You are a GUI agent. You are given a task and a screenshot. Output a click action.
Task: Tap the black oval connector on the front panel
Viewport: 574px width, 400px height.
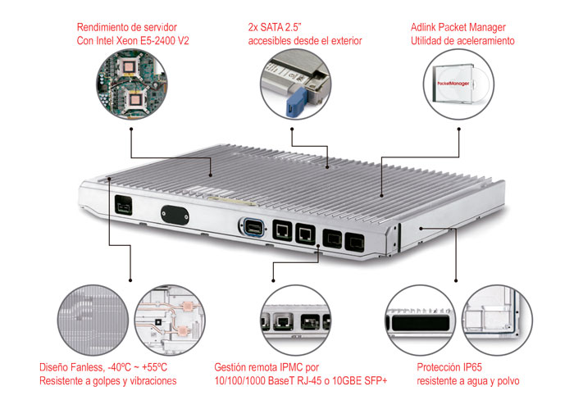tap(174, 213)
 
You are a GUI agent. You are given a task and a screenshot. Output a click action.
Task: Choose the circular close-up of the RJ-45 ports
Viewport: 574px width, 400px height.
tap(292, 320)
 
